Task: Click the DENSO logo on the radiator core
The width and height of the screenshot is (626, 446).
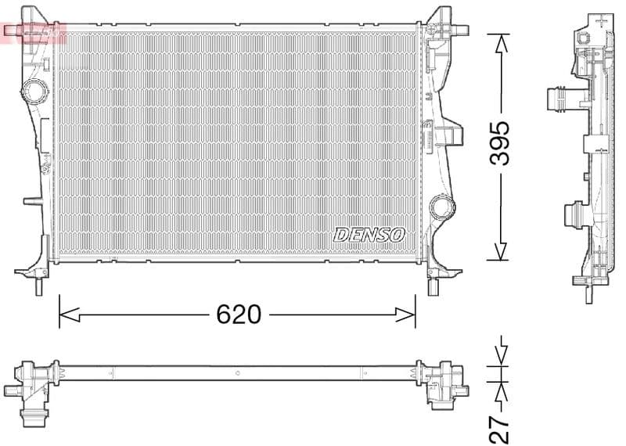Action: point(369,234)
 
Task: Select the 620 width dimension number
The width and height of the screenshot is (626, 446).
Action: point(238,315)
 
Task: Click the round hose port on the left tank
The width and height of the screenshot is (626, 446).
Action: point(35,92)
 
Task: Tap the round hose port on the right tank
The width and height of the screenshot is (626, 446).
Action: point(442,207)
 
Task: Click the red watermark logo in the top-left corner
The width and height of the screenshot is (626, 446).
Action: point(33,32)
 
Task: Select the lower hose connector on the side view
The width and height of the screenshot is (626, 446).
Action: point(574,214)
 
